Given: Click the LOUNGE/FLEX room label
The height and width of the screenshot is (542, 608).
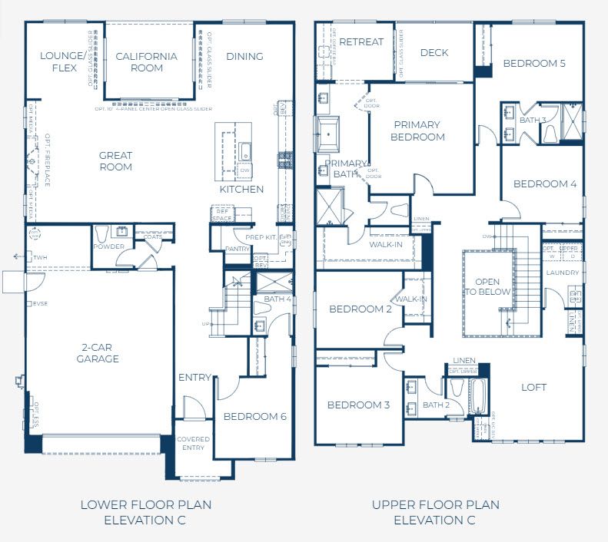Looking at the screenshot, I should click(x=64, y=61).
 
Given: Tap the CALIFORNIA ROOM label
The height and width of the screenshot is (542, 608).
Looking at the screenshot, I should click(x=146, y=61).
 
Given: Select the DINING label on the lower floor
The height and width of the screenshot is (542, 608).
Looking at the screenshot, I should click(x=244, y=56).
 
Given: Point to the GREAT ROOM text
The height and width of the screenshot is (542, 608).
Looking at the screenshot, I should click(x=115, y=161).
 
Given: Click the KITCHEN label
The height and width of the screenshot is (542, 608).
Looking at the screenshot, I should click(x=241, y=189).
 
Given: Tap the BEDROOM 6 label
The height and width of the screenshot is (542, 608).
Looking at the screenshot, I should click(x=254, y=416).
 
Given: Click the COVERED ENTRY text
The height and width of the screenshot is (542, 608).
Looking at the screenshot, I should click(x=193, y=443).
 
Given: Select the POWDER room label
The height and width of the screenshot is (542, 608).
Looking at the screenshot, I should click(x=108, y=246).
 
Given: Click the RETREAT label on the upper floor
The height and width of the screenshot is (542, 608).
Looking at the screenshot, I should click(x=360, y=41).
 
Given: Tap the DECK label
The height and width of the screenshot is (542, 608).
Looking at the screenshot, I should click(x=434, y=53).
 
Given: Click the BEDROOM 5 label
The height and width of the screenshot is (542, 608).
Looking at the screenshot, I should click(x=534, y=63).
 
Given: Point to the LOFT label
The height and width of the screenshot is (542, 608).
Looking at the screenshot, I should click(x=533, y=387).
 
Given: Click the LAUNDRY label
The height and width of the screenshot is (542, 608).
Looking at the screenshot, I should click(x=563, y=272).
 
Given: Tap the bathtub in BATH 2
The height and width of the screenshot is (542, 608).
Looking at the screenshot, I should click(x=476, y=397).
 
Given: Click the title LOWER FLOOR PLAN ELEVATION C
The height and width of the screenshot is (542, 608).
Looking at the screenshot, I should click(x=146, y=512).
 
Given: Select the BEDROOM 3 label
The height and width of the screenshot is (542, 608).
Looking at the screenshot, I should click(x=359, y=405).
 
